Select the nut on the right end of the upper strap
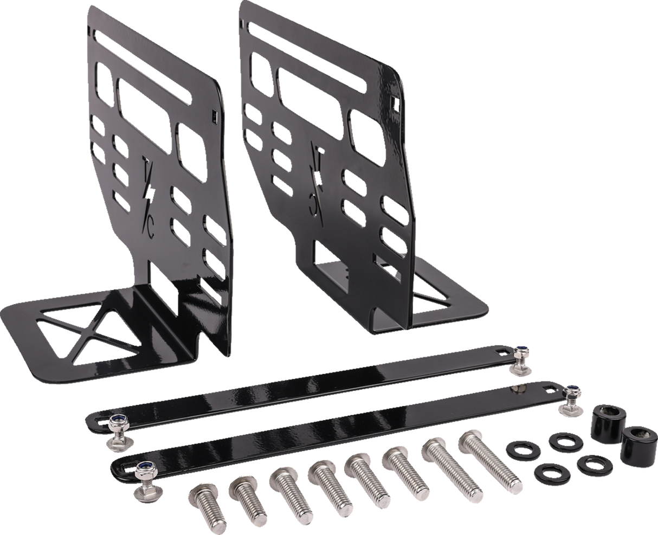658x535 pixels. [521, 356]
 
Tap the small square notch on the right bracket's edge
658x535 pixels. [392, 101]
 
